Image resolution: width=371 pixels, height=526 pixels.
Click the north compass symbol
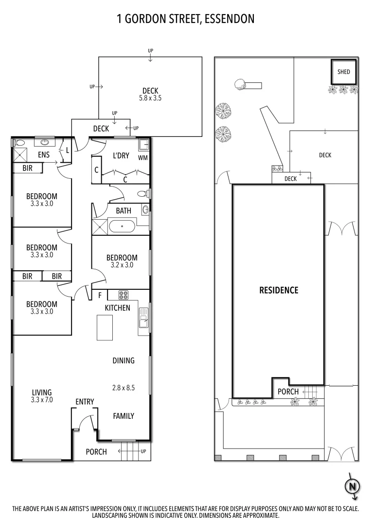pyautogui.click(x=352, y=486)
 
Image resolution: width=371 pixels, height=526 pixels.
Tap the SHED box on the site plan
pyautogui.click(x=344, y=72)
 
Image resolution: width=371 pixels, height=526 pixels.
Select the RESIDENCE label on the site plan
pyautogui.click(x=279, y=290)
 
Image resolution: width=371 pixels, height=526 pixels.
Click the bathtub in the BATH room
pyautogui.click(x=122, y=226)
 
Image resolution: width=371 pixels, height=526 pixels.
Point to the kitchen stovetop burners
pyautogui.click(x=123, y=295)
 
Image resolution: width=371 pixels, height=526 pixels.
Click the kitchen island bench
pyautogui.click(x=105, y=327)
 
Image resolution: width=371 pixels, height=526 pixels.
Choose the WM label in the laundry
pyautogui.click(x=142, y=158)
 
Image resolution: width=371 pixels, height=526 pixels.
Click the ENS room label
pyautogui.click(x=44, y=155)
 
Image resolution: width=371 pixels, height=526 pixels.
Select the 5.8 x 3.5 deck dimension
pyautogui.click(x=150, y=98)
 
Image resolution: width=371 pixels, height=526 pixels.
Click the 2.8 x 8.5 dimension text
pyautogui.click(x=123, y=388)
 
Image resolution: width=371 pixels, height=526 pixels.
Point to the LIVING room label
pyautogui.click(x=42, y=392)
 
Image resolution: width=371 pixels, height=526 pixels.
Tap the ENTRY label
pyautogui.click(x=85, y=401)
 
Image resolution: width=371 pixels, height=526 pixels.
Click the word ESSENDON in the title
pyautogui.click(x=230, y=19)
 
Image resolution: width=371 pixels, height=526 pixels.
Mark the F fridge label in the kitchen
pyautogui.click(x=100, y=296)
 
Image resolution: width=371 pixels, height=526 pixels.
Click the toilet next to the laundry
pyautogui.click(x=142, y=193)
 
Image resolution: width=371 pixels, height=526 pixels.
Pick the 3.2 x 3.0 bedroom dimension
pyautogui.click(x=122, y=265)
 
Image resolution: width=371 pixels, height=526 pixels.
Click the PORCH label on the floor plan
pyautogui.click(x=96, y=451)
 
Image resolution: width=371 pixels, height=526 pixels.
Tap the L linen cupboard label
pyautogui.click(x=67, y=150)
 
